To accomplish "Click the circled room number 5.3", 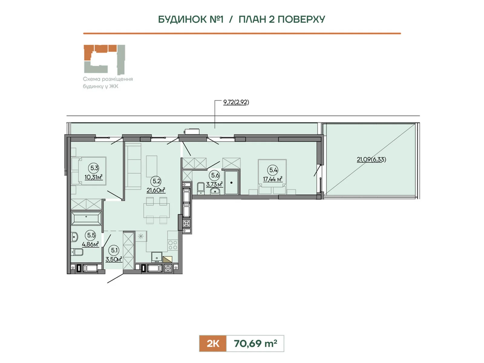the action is [94, 168].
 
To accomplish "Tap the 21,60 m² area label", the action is [156, 190].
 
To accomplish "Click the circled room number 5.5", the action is [91, 235].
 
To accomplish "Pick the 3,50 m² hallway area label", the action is [114, 259].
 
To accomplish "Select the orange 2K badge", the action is [213, 343].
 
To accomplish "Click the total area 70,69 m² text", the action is [255, 343].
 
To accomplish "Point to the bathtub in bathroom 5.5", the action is [86, 218].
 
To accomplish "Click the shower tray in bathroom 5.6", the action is [231, 182].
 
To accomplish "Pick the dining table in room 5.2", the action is [157, 210].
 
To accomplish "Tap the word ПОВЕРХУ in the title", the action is [301, 19].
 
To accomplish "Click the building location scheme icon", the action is [104, 60].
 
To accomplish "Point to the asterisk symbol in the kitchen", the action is [141, 237].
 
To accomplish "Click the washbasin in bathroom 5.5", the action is [74, 237].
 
